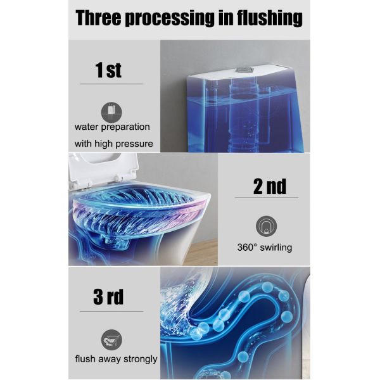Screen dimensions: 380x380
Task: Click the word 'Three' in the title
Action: tap(98, 18)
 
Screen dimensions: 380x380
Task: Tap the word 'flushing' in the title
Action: tap(270, 18)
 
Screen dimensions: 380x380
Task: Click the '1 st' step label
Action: tap(108, 70)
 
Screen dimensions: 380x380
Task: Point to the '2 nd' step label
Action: tap(270, 186)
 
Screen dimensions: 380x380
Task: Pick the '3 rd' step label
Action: tap(108, 296)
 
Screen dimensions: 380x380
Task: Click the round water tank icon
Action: tap(111, 112)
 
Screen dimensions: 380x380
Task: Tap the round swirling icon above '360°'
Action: tap(266, 226)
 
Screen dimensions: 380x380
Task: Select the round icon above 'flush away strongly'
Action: tap(111, 339)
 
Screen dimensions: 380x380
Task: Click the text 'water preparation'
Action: tap(112, 127)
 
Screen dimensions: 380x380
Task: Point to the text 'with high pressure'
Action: tap(113, 144)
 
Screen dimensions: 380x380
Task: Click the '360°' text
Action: tap(247, 248)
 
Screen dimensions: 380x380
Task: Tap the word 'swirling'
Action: tap(275, 248)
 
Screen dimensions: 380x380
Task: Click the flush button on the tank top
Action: tap(244, 70)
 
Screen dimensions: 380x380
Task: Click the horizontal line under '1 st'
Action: tap(111, 84)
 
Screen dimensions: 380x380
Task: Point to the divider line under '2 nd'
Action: tap(267, 198)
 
